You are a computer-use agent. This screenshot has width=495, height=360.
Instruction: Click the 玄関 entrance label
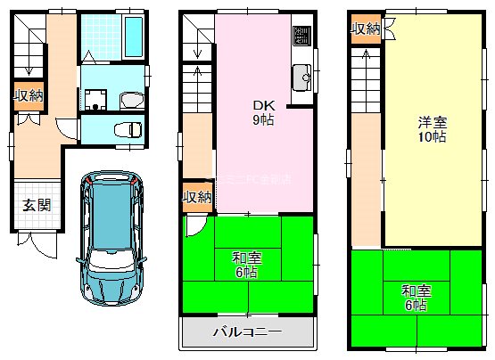click(x=37, y=205)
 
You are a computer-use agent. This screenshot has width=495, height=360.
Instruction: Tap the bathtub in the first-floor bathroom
click(x=134, y=38)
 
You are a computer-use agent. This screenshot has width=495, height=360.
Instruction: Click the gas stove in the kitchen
click(x=301, y=37)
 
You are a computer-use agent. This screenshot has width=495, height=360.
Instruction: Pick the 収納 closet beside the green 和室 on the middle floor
click(x=196, y=197)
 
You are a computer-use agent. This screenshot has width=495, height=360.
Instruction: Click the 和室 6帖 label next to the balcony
click(x=246, y=265)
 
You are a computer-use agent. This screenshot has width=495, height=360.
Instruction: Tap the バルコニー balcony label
click(x=248, y=332)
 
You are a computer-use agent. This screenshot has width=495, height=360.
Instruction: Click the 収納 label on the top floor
click(x=365, y=29)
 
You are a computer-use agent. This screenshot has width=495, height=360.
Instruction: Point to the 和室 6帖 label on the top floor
click(x=412, y=298)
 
